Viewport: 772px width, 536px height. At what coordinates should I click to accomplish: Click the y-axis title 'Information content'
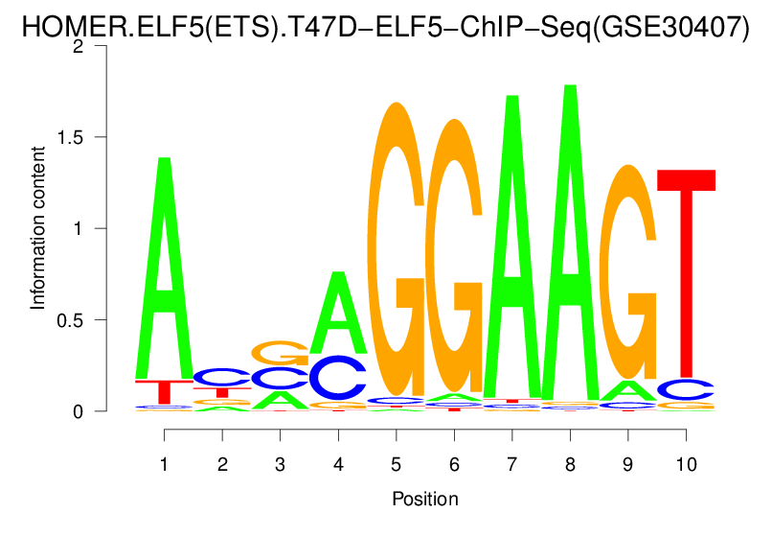click(x=38, y=227)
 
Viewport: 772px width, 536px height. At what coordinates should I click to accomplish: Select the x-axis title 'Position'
click(x=424, y=500)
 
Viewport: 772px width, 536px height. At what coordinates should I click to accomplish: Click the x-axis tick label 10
click(x=685, y=461)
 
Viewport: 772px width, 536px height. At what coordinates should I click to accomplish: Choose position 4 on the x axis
click(x=337, y=461)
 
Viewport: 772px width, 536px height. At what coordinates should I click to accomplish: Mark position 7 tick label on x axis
click(x=511, y=461)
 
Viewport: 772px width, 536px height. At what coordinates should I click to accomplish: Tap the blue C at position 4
click(x=337, y=378)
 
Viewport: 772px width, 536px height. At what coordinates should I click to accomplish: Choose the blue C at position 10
click(x=685, y=389)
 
